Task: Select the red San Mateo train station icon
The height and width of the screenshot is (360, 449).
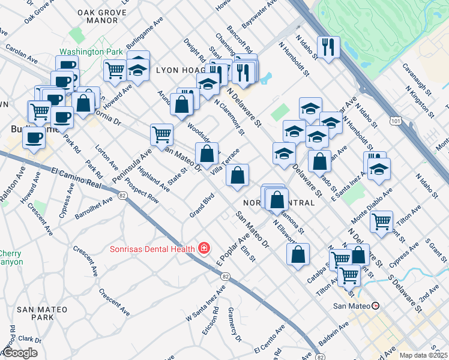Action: pyautogui.click(x=376, y=305)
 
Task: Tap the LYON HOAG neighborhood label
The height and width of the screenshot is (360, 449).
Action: pyautogui.click(x=177, y=70)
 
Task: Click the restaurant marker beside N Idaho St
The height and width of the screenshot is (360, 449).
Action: pyautogui.click(x=328, y=47)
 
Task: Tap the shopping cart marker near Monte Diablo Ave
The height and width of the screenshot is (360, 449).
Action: pyautogui.click(x=382, y=222)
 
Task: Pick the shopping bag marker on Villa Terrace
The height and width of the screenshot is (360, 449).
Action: pyautogui.click(x=238, y=175)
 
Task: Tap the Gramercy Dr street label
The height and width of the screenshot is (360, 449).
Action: pyautogui.click(x=234, y=325)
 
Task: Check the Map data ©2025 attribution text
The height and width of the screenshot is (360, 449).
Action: pyautogui.click(x=423, y=355)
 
